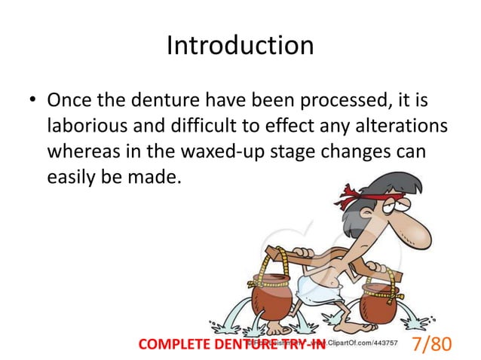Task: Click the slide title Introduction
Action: tap(240, 46)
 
